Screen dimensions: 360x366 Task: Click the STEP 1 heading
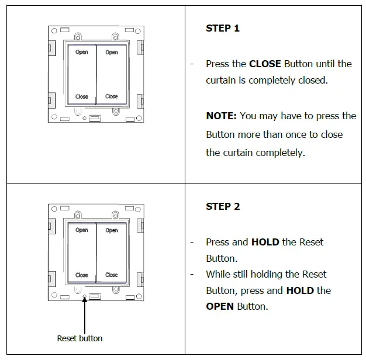point(223,28)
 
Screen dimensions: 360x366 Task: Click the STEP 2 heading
point(223,206)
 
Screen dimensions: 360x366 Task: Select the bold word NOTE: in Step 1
point(221,116)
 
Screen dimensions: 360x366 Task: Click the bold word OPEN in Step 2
point(220,306)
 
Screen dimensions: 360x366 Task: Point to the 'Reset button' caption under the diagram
point(80,338)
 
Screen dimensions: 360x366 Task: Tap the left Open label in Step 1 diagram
point(82,53)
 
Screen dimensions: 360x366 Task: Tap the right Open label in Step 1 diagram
point(112,53)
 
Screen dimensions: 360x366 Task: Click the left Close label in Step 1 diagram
point(82,96)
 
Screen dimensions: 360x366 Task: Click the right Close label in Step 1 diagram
point(112,96)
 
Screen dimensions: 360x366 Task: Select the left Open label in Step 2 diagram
point(82,230)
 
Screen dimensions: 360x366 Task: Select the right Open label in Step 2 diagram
point(112,230)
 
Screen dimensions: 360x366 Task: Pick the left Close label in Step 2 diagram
point(82,275)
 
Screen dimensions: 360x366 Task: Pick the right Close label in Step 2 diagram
point(112,275)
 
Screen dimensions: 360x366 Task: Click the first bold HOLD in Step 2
point(265,242)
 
